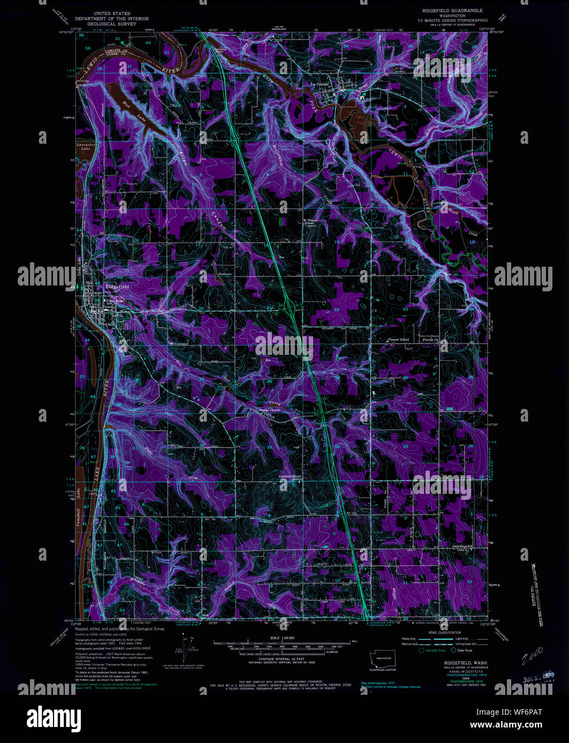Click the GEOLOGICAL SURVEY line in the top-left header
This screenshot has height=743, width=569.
point(111,24)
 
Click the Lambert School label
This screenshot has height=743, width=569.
point(290,476)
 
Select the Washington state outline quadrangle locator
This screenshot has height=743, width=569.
point(382,659)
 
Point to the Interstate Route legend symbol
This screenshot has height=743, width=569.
point(421,650)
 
